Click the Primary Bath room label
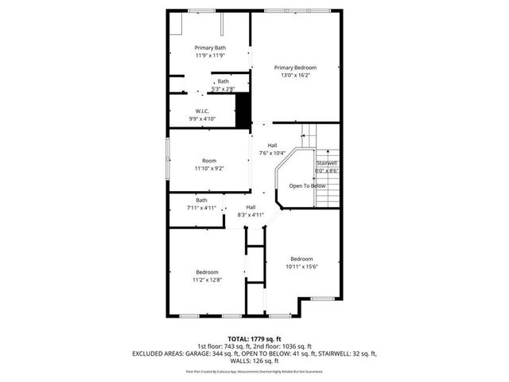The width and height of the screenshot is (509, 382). pyautogui.click(x=210, y=48)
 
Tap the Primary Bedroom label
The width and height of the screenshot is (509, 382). pyautogui.click(x=295, y=68)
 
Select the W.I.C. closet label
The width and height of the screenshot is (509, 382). pyautogui.click(x=202, y=111)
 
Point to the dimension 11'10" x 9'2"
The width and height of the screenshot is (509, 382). pyautogui.click(x=209, y=168)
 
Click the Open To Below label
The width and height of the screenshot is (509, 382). pyautogui.click(x=307, y=185)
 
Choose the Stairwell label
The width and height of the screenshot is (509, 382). pyautogui.click(x=327, y=162)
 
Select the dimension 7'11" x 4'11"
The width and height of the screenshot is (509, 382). pyautogui.click(x=201, y=208)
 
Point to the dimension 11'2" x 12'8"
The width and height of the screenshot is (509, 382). pyautogui.click(x=207, y=279)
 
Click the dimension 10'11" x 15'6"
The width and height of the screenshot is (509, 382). pyautogui.click(x=301, y=267)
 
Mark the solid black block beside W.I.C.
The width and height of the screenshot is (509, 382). pyautogui.click(x=243, y=109)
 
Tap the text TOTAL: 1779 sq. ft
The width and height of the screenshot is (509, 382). pyautogui.click(x=254, y=339)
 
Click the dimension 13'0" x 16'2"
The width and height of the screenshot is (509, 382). pyautogui.click(x=295, y=76)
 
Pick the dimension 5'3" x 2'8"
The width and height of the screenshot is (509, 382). pyautogui.click(x=223, y=89)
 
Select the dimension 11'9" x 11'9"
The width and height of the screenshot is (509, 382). pyautogui.click(x=210, y=56)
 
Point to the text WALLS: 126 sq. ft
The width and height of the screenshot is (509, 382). pyautogui.click(x=254, y=360)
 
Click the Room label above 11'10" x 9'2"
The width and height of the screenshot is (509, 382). pyautogui.click(x=209, y=160)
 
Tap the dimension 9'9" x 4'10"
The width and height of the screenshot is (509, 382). pyautogui.click(x=202, y=119)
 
